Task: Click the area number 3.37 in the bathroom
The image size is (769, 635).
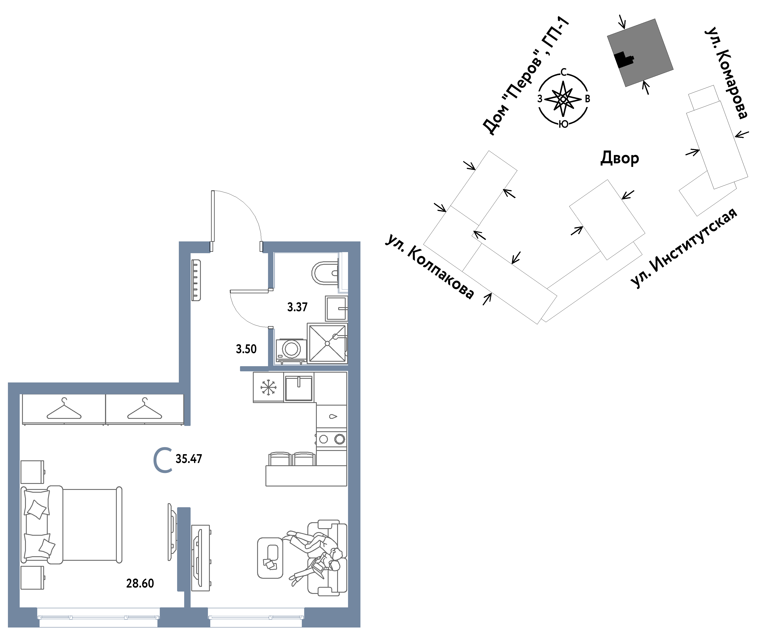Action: (x=297, y=307)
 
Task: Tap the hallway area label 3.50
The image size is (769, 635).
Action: (x=246, y=349)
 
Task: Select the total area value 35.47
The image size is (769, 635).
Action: (x=189, y=459)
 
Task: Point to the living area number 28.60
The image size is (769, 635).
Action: (x=140, y=583)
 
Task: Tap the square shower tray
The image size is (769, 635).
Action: (x=327, y=343)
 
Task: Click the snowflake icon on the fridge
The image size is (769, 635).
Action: (x=268, y=387)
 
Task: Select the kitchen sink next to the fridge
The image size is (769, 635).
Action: (x=299, y=387)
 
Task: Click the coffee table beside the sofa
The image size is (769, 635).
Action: (x=270, y=558)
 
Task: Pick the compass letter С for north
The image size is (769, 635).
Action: (x=564, y=72)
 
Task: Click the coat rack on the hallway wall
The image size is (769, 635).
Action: (x=196, y=280)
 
